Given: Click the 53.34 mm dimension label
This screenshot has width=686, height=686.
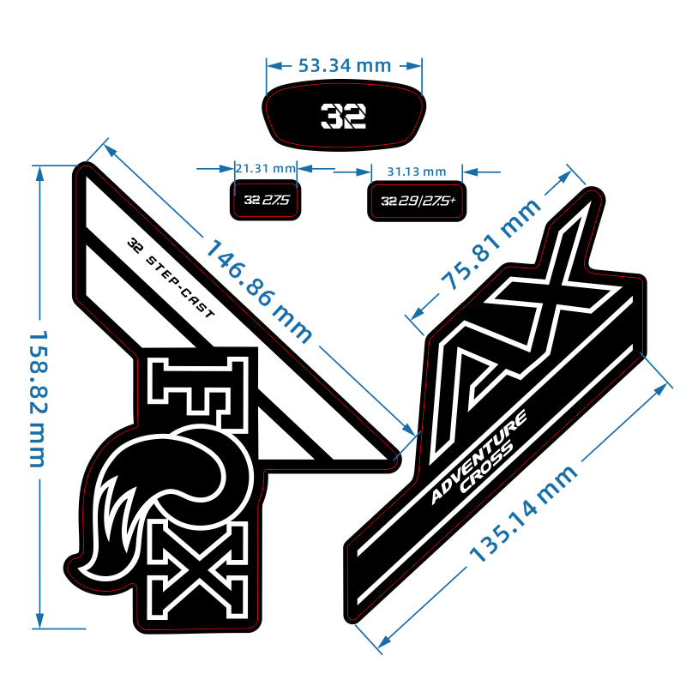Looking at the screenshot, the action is tap(344, 65).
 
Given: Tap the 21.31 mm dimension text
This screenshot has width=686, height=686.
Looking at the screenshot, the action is tap(265, 168).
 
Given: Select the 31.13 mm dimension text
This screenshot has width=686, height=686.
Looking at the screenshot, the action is tap(417, 171).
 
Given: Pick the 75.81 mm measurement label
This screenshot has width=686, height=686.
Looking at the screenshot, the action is tap(491, 244).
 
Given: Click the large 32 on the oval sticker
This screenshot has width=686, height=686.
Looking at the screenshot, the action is tap(343, 115).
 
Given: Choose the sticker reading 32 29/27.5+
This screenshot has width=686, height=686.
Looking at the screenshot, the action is tap(417, 201).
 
